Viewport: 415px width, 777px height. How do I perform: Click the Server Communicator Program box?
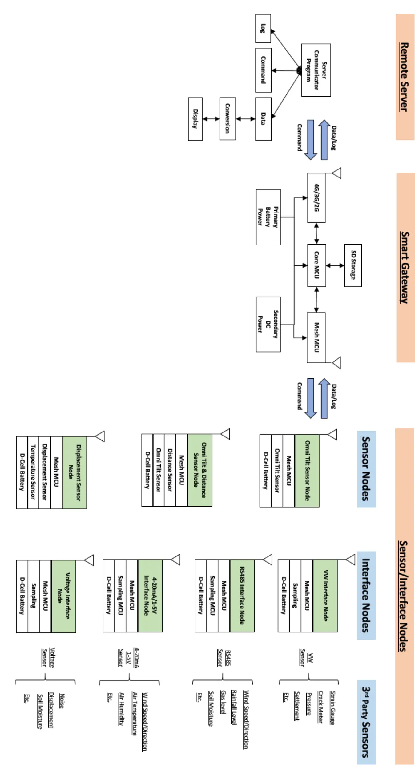click(316, 70)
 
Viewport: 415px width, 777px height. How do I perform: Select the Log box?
click(263, 28)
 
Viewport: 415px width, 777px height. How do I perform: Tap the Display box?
click(195, 119)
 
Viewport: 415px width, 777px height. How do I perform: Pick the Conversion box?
click(228, 119)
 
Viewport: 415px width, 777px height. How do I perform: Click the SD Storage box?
click(353, 265)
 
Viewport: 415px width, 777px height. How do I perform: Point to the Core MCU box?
click(316, 265)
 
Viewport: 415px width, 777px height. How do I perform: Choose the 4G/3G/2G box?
click(316, 197)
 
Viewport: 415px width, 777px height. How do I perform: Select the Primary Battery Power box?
click(268, 217)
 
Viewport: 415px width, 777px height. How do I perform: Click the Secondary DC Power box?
click(268, 324)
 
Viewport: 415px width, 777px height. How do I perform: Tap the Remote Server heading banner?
click(405, 77)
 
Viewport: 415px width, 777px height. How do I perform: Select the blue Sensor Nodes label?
click(366, 469)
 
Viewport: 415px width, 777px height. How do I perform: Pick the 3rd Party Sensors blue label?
click(366, 722)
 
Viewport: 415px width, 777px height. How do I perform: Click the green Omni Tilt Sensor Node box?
click(307, 471)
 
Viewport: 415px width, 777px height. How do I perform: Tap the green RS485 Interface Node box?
click(242, 596)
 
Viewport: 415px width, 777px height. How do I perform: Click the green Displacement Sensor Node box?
click(74, 472)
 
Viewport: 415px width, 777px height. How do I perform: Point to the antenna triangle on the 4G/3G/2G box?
click(336, 173)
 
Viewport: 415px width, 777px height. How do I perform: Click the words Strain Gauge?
click(332, 708)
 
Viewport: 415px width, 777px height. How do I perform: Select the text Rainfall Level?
click(234, 707)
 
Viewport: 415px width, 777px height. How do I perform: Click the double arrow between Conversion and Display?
click(211, 119)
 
